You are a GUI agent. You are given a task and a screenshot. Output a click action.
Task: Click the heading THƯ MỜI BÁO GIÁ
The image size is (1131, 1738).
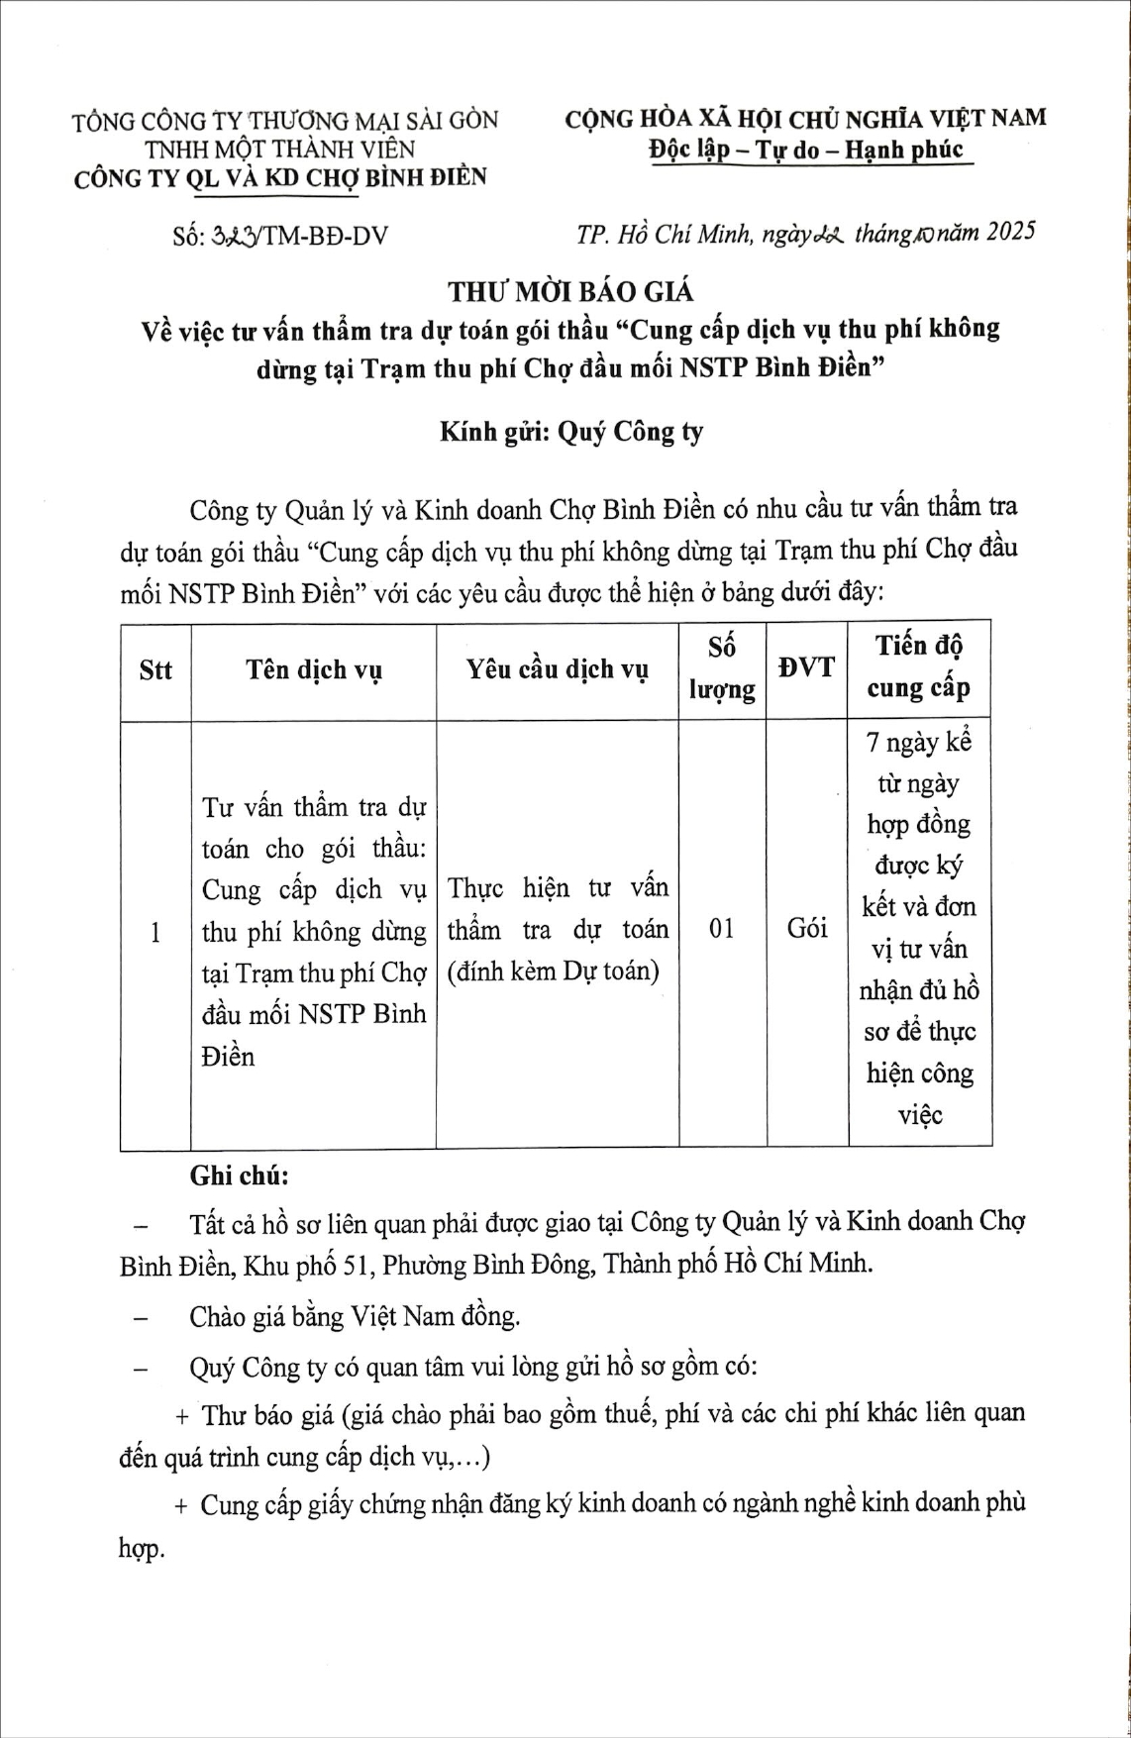coord(571,291)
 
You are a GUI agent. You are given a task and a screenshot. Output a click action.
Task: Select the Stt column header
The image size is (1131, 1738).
coord(155,670)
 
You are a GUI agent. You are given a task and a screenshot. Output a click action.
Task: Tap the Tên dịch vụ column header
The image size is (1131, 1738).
coord(314,670)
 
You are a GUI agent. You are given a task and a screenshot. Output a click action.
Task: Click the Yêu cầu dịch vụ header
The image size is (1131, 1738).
coord(558,670)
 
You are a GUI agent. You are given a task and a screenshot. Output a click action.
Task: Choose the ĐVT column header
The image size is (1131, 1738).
coord(806,667)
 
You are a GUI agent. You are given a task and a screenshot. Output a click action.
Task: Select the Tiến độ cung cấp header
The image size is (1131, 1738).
coord(919,666)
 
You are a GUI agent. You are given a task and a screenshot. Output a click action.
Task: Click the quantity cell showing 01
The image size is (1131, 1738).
coord(722,929)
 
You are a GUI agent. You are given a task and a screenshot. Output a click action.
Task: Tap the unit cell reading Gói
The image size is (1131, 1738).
coord(806,929)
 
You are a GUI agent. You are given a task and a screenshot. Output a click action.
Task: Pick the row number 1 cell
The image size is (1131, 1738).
coord(154,931)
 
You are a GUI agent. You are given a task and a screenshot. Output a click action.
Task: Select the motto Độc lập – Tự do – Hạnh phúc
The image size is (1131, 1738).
coord(806,151)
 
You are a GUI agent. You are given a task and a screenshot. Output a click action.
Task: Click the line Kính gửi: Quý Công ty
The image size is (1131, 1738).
coord(571,433)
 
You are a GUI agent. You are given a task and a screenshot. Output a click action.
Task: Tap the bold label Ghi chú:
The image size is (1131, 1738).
coord(240,1176)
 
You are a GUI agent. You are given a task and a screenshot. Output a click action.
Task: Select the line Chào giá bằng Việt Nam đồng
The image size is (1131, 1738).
coord(355,1316)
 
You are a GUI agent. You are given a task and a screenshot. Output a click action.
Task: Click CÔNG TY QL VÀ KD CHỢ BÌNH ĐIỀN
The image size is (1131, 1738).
coord(281,178)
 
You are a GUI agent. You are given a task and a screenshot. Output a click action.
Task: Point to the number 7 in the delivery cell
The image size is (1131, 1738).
coord(873,742)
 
